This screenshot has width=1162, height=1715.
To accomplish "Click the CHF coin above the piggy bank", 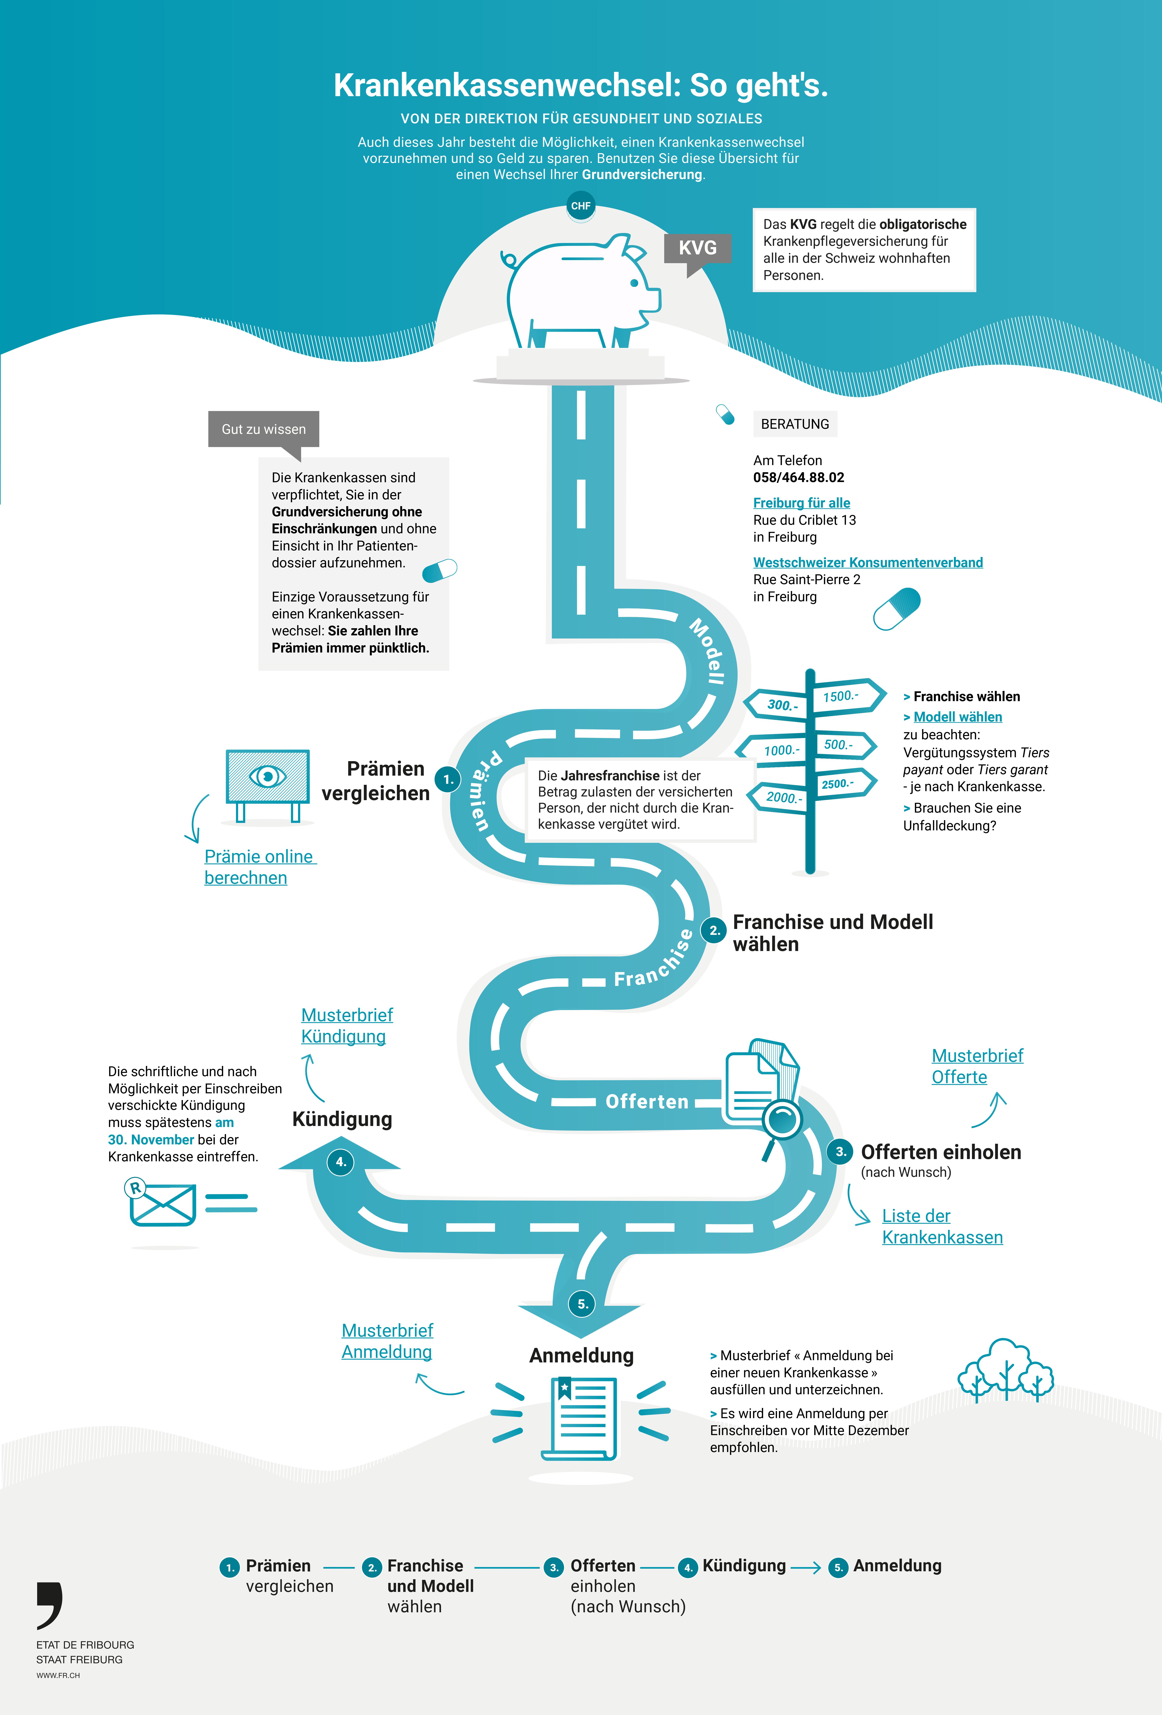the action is point(581,206).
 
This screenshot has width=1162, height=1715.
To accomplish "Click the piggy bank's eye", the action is point(633,283).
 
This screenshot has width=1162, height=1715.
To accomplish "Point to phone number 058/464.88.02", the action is point(798,478).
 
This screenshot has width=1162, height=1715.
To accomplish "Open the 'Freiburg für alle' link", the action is point(801,502).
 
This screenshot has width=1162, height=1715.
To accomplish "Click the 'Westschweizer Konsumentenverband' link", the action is point(868,562).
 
